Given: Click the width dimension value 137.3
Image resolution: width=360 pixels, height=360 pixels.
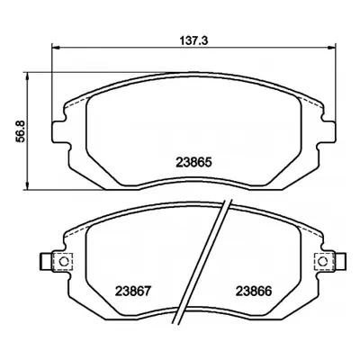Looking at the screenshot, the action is click(x=193, y=40).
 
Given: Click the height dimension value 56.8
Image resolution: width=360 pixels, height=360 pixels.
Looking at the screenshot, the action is click(x=22, y=131).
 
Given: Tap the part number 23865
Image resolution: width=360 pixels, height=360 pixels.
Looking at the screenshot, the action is click(x=194, y=162).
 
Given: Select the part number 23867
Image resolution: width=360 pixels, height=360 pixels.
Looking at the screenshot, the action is click(x=132, y=291).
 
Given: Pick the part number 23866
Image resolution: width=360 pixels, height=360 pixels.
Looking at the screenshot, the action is click(x=254, y=291).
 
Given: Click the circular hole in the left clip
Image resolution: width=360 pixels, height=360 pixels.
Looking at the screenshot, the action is click(x=64, y=262).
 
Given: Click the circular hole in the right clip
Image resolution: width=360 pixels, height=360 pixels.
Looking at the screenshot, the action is click(x=323, y=262).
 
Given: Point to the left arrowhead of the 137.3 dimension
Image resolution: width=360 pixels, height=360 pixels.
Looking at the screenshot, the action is click(x=56, y=48).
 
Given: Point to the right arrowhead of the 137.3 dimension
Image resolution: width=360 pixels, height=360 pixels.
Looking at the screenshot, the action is click(x=331, y=48).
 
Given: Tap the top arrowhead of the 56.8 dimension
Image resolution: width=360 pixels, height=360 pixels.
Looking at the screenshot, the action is click(x=28, y=76).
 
